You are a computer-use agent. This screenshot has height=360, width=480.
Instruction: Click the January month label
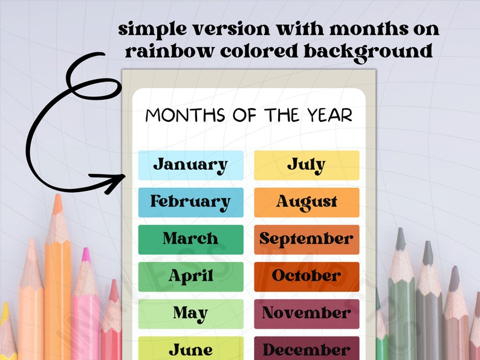[x=190, y=165]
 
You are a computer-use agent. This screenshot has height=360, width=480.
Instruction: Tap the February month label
[x=190, y=202]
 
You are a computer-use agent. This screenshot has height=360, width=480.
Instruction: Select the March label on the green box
[x=190, y=239]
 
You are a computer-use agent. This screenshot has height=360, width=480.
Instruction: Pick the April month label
[x=190, y=277]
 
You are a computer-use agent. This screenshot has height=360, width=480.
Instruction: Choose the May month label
[x=190, y=313]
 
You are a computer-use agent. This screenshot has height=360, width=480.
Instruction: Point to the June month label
[x=190, y=349]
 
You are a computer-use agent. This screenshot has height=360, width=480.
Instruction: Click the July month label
[x=306, y=165]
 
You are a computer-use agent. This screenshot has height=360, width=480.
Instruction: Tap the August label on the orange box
[x=306, y=202]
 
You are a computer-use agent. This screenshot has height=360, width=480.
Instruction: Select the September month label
[x=306, y=239]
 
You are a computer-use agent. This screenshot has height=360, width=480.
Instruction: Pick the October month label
[x=306, y=276]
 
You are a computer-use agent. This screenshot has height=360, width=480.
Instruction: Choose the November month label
[x=306, y=313]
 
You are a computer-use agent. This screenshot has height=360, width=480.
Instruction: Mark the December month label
[x=306, y=349]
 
